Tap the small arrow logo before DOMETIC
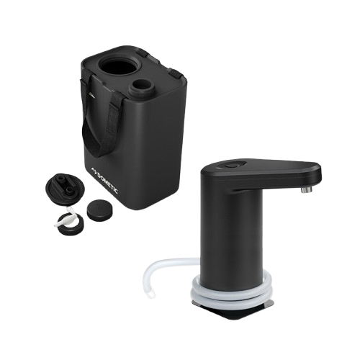point(93,170)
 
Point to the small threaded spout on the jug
point(139,88)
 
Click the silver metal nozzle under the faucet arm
point(307,189)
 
